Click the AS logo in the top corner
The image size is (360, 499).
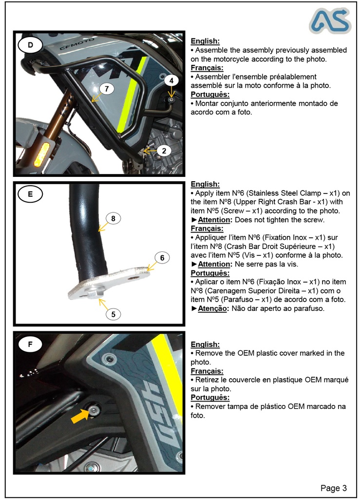pos(330,21)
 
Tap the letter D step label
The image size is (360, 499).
pos(30,45)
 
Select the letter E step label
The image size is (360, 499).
pos(30,194)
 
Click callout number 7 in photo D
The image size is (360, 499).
pos(107,88)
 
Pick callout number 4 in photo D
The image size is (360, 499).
pos(171,80)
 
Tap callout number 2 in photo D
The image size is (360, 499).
pos(164,151)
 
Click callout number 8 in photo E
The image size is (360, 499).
pos(113,219)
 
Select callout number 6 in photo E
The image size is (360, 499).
pos(162,258)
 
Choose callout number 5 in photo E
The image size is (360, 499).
pos(113,314)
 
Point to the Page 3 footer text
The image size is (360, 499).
pos(334,488)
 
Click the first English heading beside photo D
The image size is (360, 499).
pos(205,41)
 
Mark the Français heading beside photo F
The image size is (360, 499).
pos(207,371)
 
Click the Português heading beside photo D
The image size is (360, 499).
pos(210,95)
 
